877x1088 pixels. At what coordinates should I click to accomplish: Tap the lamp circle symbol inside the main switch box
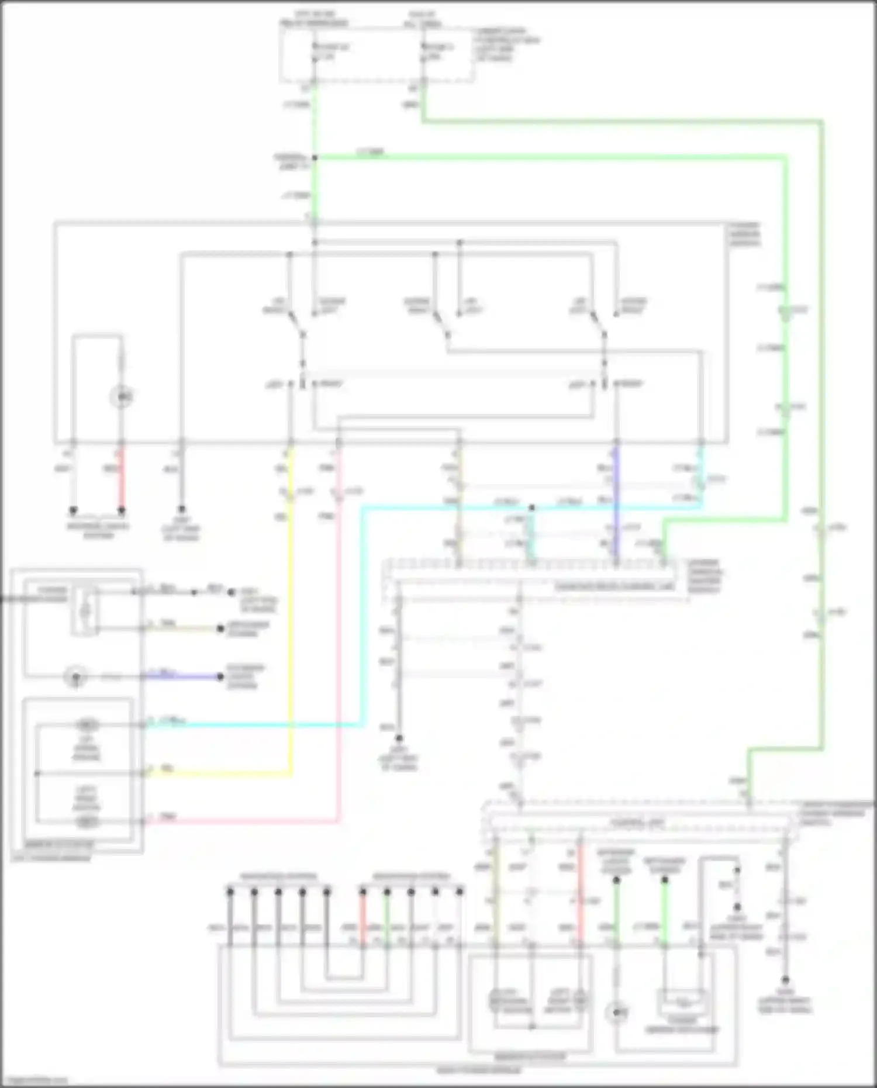pyautogui.click(x=122, y=398)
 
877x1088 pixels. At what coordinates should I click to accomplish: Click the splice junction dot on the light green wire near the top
pyautogui.click(x=315, y=158)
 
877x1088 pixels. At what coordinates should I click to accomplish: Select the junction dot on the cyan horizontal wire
pyautogui.click(x=531, y=508)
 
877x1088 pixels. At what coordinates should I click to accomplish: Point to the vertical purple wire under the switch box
pyautogui.click(x=616, y=503)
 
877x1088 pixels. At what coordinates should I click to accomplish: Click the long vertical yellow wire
pyautogui.click(x=291, y=614)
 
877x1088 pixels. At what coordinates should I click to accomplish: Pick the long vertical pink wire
pyautogui.click(x=339, y=643)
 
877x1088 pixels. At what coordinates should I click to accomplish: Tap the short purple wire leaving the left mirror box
pyautogui.click(x=181, y=677)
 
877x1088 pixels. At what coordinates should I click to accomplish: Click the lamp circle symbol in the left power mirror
pyautogui.click(x=75, y=678)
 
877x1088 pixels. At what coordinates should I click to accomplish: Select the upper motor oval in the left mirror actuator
pyautogui.click(x=87, y=726)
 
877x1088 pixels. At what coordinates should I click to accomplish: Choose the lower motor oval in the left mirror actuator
pyautogui.click(x=87, y=821)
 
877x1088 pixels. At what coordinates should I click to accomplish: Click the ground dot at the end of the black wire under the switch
pyautogui.click(x=181, y=510)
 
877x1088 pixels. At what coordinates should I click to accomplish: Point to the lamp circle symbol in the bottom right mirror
pyautogui.click(x=617, y=1012)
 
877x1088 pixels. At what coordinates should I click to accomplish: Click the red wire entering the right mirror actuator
pyautogui.click(x=580, y=894)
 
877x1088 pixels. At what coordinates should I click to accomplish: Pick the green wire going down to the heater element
pyautogui.click(x=665, y=912)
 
